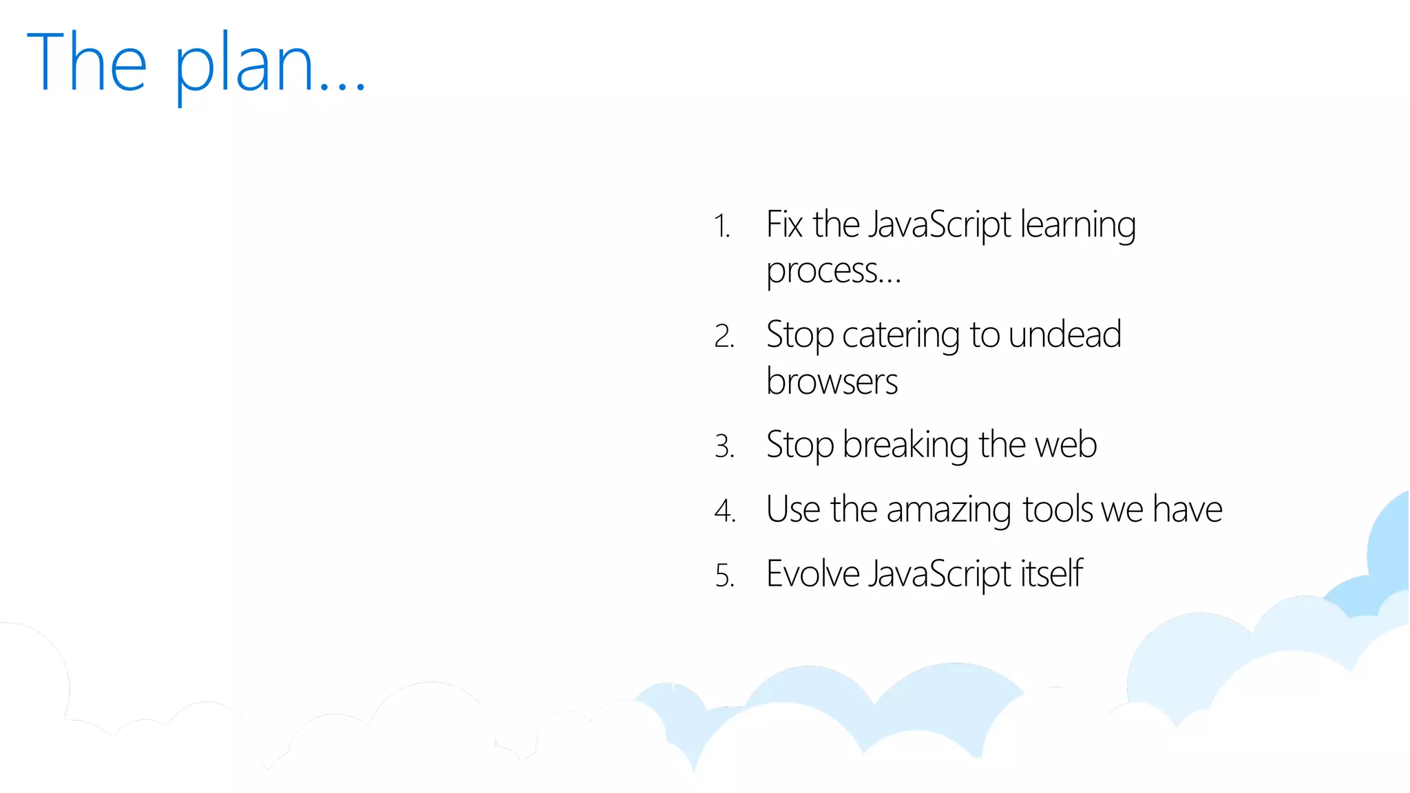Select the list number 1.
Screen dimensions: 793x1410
tap(722, 226)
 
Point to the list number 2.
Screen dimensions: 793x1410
tap(724, 337)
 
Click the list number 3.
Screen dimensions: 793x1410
tap(724, 447)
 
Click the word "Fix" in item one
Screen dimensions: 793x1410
tap(784, 224)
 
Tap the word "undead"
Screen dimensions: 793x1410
tap(1065, 335)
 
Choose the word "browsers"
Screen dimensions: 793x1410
tap(832, 381)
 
